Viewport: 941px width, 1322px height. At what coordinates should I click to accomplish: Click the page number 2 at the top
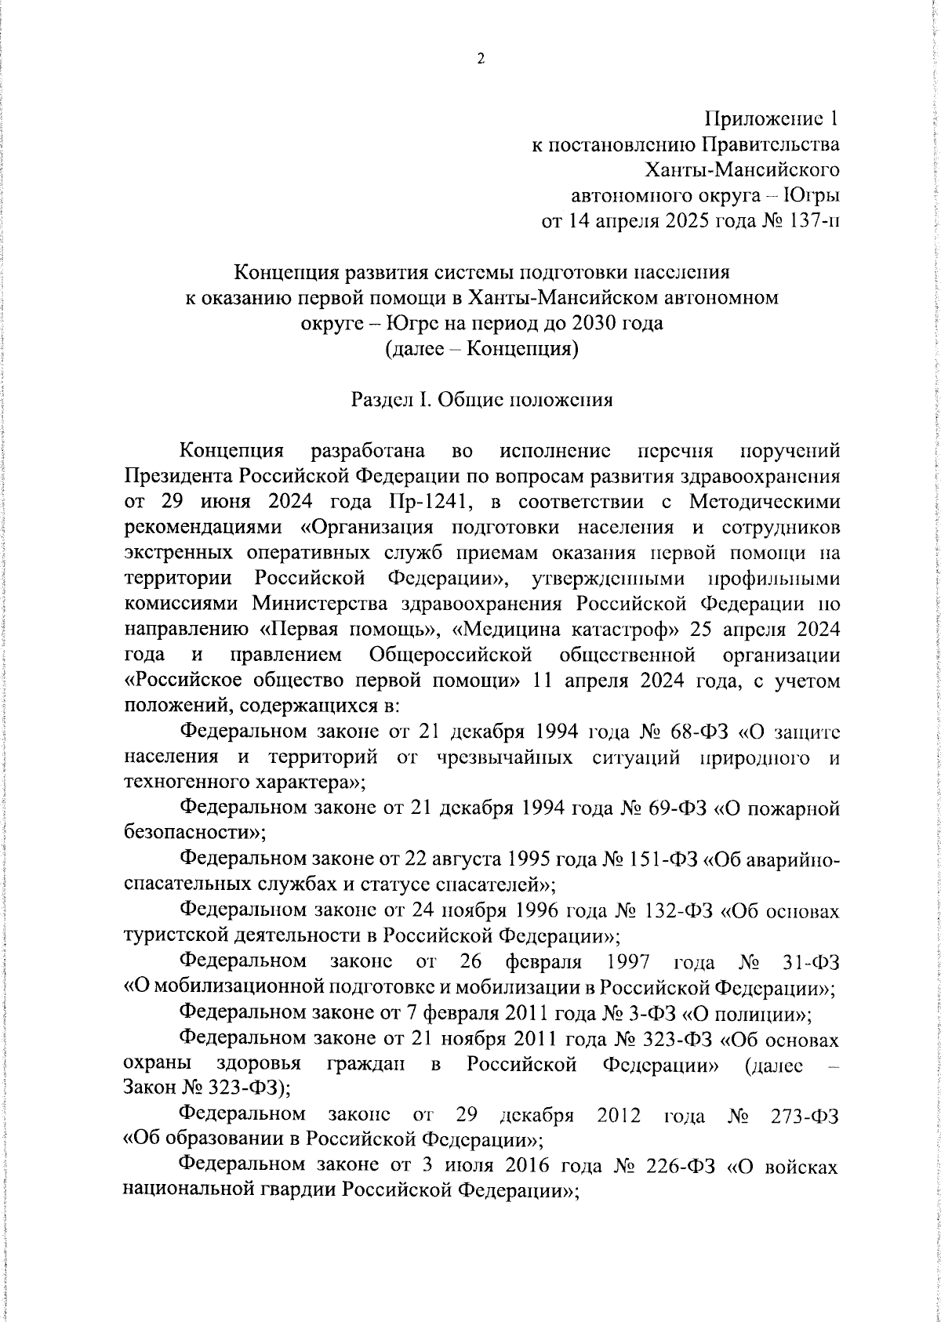click(480, 59)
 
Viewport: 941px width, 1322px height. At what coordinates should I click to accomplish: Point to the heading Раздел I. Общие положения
click(481, 400)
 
